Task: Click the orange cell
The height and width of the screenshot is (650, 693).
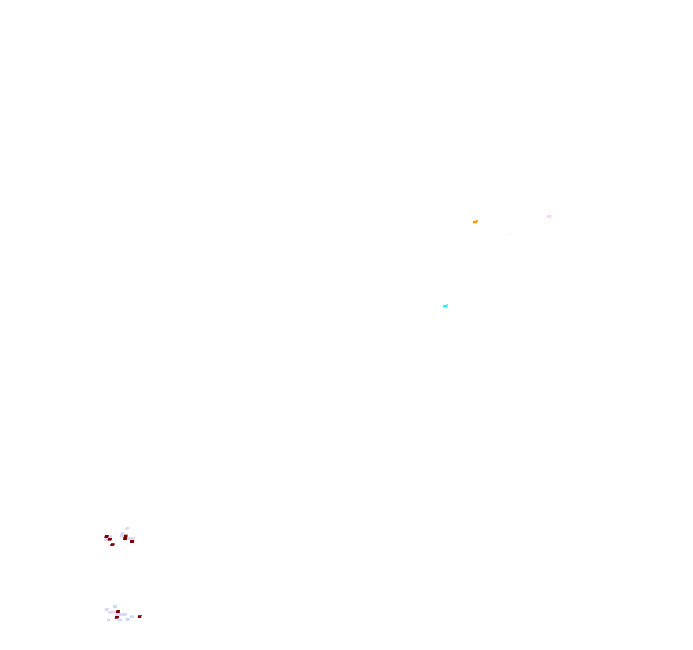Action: point(475,222)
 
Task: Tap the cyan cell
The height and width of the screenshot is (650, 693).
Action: point(445,306)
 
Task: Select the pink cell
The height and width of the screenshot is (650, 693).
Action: point(549,217)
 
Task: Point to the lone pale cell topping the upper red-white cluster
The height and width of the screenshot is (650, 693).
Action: point(127,528)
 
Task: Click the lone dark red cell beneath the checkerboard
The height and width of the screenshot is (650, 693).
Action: point(112,545)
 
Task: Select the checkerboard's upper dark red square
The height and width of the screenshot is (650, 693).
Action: point(106,536)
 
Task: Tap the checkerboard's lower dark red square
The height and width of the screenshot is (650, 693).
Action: point(109,539)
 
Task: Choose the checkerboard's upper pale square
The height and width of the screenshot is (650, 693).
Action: point(110,536)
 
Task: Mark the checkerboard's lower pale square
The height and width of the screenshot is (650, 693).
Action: point(106,539)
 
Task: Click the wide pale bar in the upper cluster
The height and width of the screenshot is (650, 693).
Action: point(131,539)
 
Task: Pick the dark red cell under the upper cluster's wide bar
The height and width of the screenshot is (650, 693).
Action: point(132,542)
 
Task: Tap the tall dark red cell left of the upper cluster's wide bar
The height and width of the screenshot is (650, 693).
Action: point(125,537)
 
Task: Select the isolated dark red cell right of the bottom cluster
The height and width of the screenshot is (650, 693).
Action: point(140,617)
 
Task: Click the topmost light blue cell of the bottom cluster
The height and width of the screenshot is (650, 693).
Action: point(115,607)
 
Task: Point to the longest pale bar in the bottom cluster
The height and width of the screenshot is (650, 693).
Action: point(121,614)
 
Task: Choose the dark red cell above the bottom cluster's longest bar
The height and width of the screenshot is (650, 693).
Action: point(118,612)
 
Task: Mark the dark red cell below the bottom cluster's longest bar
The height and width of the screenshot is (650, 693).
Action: point(117,617)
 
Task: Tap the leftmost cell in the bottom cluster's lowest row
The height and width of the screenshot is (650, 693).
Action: point(109,620)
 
